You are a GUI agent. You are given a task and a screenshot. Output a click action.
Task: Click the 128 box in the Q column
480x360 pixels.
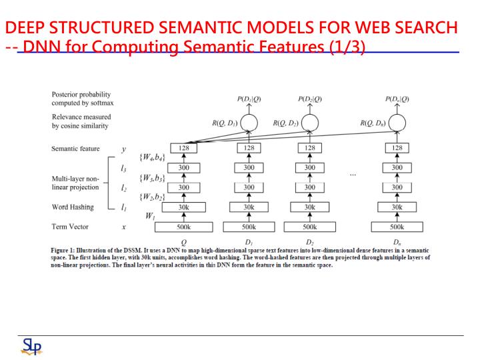[183, 148]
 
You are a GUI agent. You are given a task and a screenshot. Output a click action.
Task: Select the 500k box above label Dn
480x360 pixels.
[397, 227]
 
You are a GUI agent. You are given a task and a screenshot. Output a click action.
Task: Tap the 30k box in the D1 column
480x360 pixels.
[249, 207]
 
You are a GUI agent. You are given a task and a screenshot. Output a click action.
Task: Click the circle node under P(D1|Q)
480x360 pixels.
[249, 123]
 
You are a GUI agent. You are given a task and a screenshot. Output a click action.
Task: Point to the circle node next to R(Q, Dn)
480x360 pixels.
[397, 123]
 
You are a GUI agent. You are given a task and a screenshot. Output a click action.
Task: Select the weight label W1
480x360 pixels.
[151, 216]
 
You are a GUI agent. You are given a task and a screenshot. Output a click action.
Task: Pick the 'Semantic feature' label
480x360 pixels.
[75, 148]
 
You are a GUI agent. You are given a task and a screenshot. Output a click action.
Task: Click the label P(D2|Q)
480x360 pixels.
[310, 99]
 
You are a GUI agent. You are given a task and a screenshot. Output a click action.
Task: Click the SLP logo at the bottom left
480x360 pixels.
[31, 346]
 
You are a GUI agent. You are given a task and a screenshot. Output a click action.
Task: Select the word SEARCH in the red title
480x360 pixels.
[425, 28]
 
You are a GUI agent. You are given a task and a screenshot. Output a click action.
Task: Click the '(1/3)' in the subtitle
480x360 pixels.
[347, 47]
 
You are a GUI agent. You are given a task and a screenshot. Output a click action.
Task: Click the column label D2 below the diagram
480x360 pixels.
[310, 241]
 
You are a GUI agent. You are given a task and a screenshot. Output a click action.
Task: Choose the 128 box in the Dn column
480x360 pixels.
[397, 148]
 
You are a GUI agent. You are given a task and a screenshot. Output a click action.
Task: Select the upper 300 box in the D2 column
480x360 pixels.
[310, 167]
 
